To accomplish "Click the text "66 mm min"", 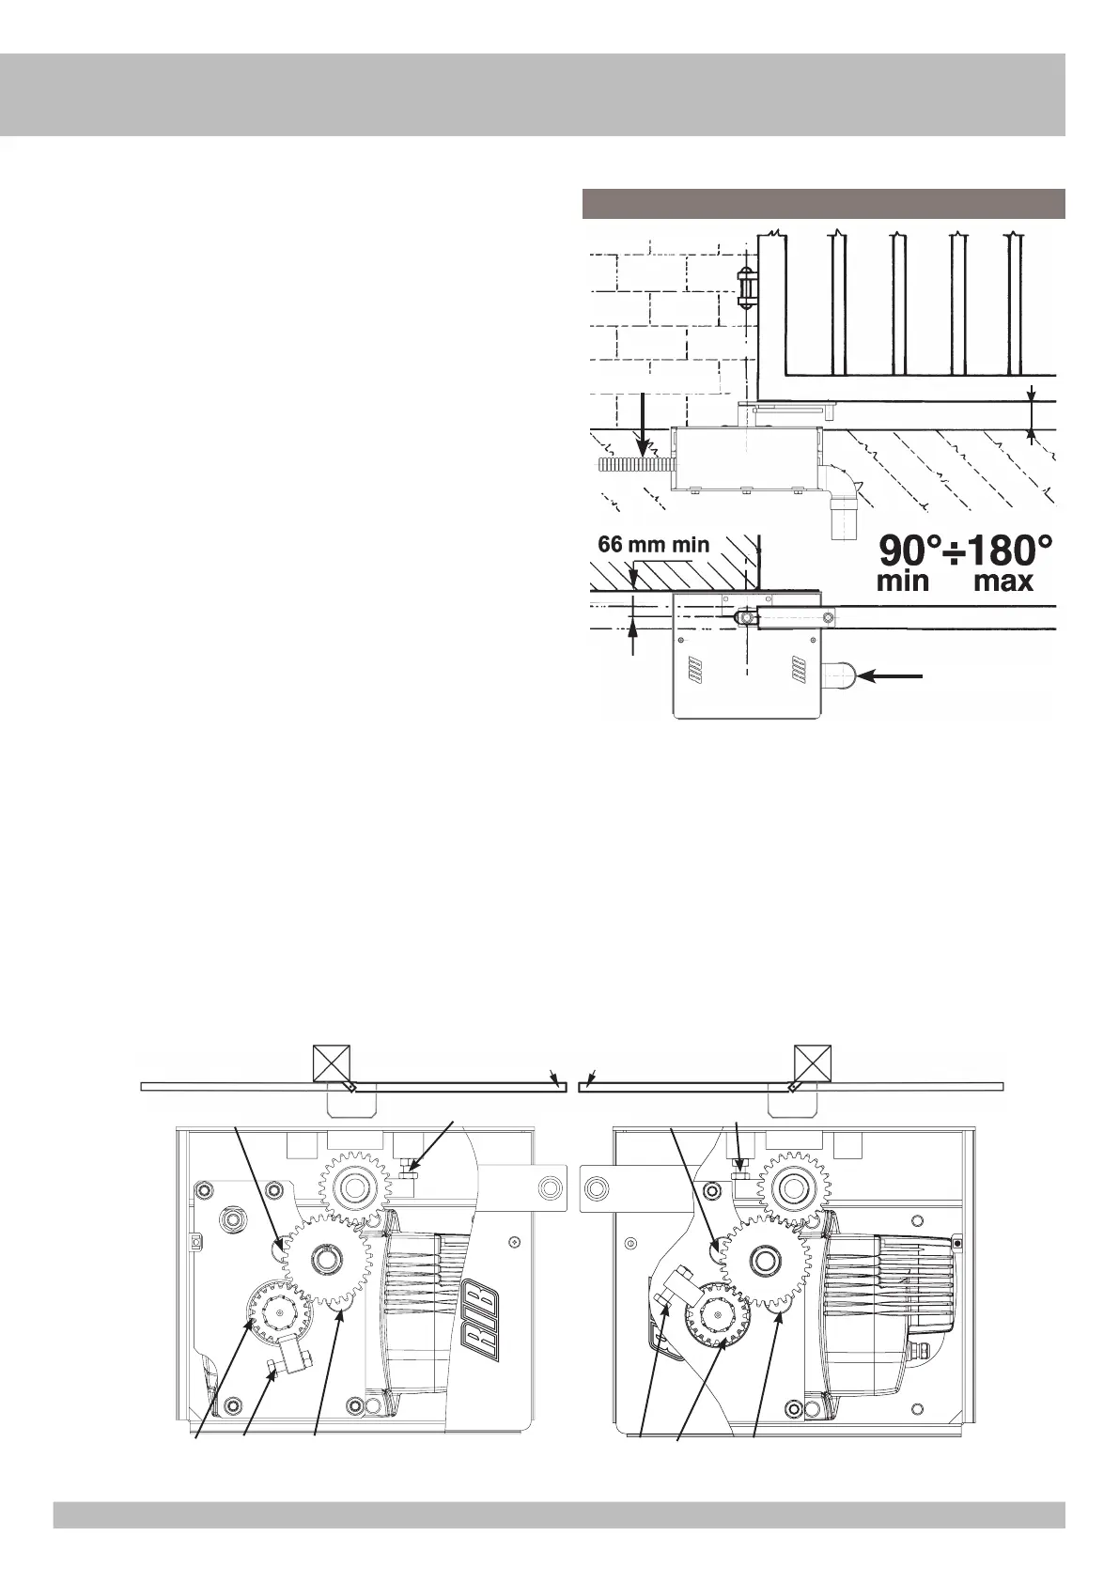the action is [x=653, y=545].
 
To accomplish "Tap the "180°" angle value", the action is [x=1005, y=550].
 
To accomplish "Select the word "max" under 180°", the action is [x=1003, y=582].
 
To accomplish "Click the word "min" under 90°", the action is [x=903, y=582].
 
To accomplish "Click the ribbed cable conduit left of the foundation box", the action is [x=634, y=463].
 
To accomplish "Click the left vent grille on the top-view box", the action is [x=694, y=670].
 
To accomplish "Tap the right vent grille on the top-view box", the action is [x=799, y=670].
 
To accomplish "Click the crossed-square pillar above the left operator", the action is [x=332, y=1062].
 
